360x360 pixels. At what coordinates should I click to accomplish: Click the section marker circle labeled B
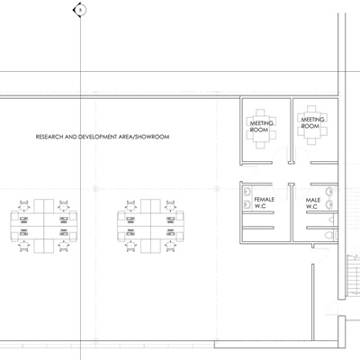click(x=80, y=10)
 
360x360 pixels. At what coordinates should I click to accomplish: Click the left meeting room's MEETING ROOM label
click(x=261, y=126)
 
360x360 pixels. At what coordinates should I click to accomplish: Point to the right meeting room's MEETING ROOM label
click(x=312, y=122)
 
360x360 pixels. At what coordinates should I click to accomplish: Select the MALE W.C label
click(x=313, y=203)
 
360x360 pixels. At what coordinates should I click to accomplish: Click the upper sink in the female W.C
click(x=247, y=192)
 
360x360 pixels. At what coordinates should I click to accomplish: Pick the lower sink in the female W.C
click(x=247, y=204)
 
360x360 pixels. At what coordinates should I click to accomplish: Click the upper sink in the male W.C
click(x=329, y=192)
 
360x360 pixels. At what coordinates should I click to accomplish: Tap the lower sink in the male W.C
click(x=329, y=204)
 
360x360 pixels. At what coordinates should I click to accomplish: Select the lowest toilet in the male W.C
click(x=330, y=235)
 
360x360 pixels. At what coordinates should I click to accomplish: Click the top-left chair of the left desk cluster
click(x=24, y=205)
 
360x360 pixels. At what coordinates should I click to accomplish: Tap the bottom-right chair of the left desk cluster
click(x=64, y=247)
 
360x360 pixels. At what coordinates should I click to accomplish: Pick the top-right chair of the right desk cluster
click(x=170, y=205)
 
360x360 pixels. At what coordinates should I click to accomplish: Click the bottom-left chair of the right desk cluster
click(x=130, y=247)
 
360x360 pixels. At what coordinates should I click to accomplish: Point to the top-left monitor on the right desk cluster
click(x=130, y=220)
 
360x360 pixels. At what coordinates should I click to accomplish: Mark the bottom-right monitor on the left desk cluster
click(x=64, y=232)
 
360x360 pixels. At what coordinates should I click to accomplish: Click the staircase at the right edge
click(x=354, y=274)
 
